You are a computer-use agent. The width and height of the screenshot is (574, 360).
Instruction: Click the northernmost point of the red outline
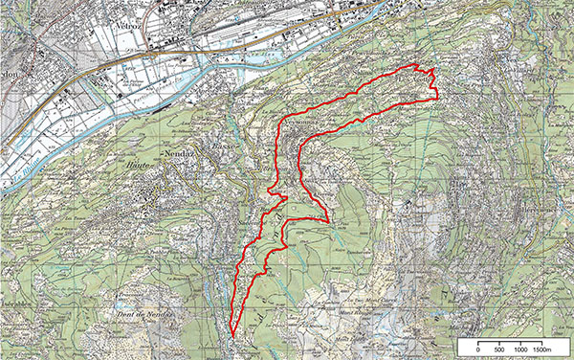coord(415,64)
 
